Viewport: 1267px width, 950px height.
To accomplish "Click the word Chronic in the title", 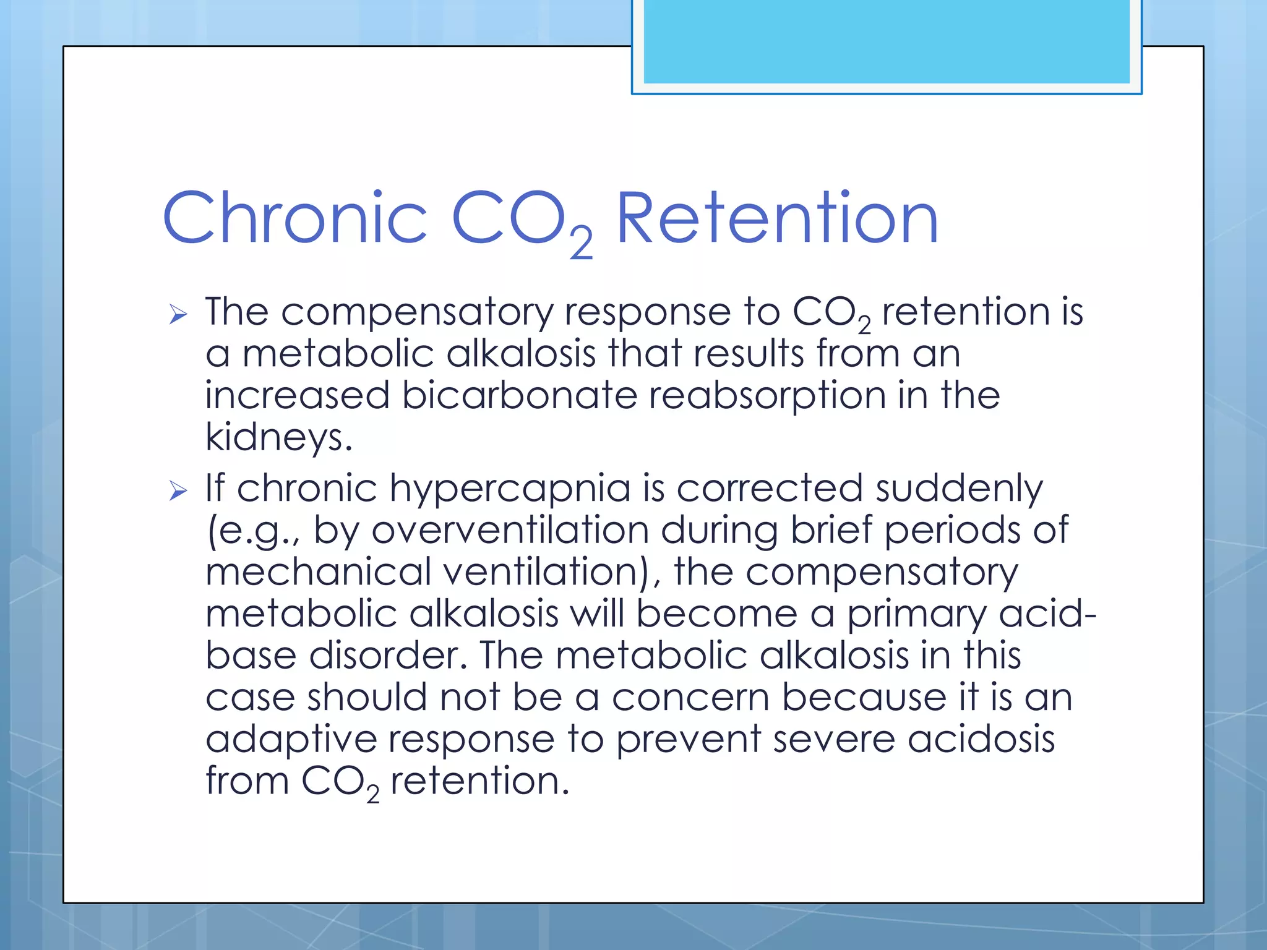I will click(x=294, y=218).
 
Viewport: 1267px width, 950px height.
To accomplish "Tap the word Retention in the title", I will click(x=777, y=218).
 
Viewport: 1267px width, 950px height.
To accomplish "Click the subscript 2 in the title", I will click(x=581, y=244).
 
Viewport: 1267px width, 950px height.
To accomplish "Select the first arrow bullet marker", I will click(x=178, y=315).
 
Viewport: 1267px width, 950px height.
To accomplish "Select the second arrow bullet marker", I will click(x=178, y=492).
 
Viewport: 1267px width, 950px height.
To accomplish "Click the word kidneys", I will click(x=278, y=437).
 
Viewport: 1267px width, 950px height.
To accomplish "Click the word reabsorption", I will click(x=767, y=396).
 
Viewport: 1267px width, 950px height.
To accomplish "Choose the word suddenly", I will click(x=959, y=489).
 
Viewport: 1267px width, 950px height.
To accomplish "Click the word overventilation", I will click(x=510, y=530).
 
